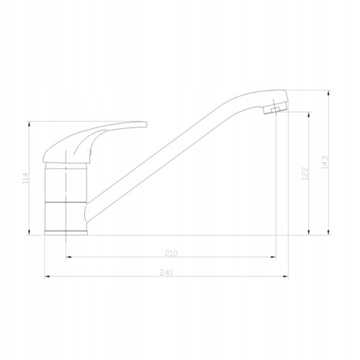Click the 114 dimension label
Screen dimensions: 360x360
pos(25,178)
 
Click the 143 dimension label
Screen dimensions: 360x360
pos(325,162)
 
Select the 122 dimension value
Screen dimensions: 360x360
pos(305,174)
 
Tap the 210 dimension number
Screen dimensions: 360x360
pos(171,253)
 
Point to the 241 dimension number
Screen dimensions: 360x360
pos(166,273)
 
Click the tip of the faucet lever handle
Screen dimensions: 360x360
pos(145,124)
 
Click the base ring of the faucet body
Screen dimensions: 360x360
pos(66,233)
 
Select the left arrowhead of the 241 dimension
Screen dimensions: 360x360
pos(47,276)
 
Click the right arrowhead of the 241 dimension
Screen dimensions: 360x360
pos(286,276)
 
